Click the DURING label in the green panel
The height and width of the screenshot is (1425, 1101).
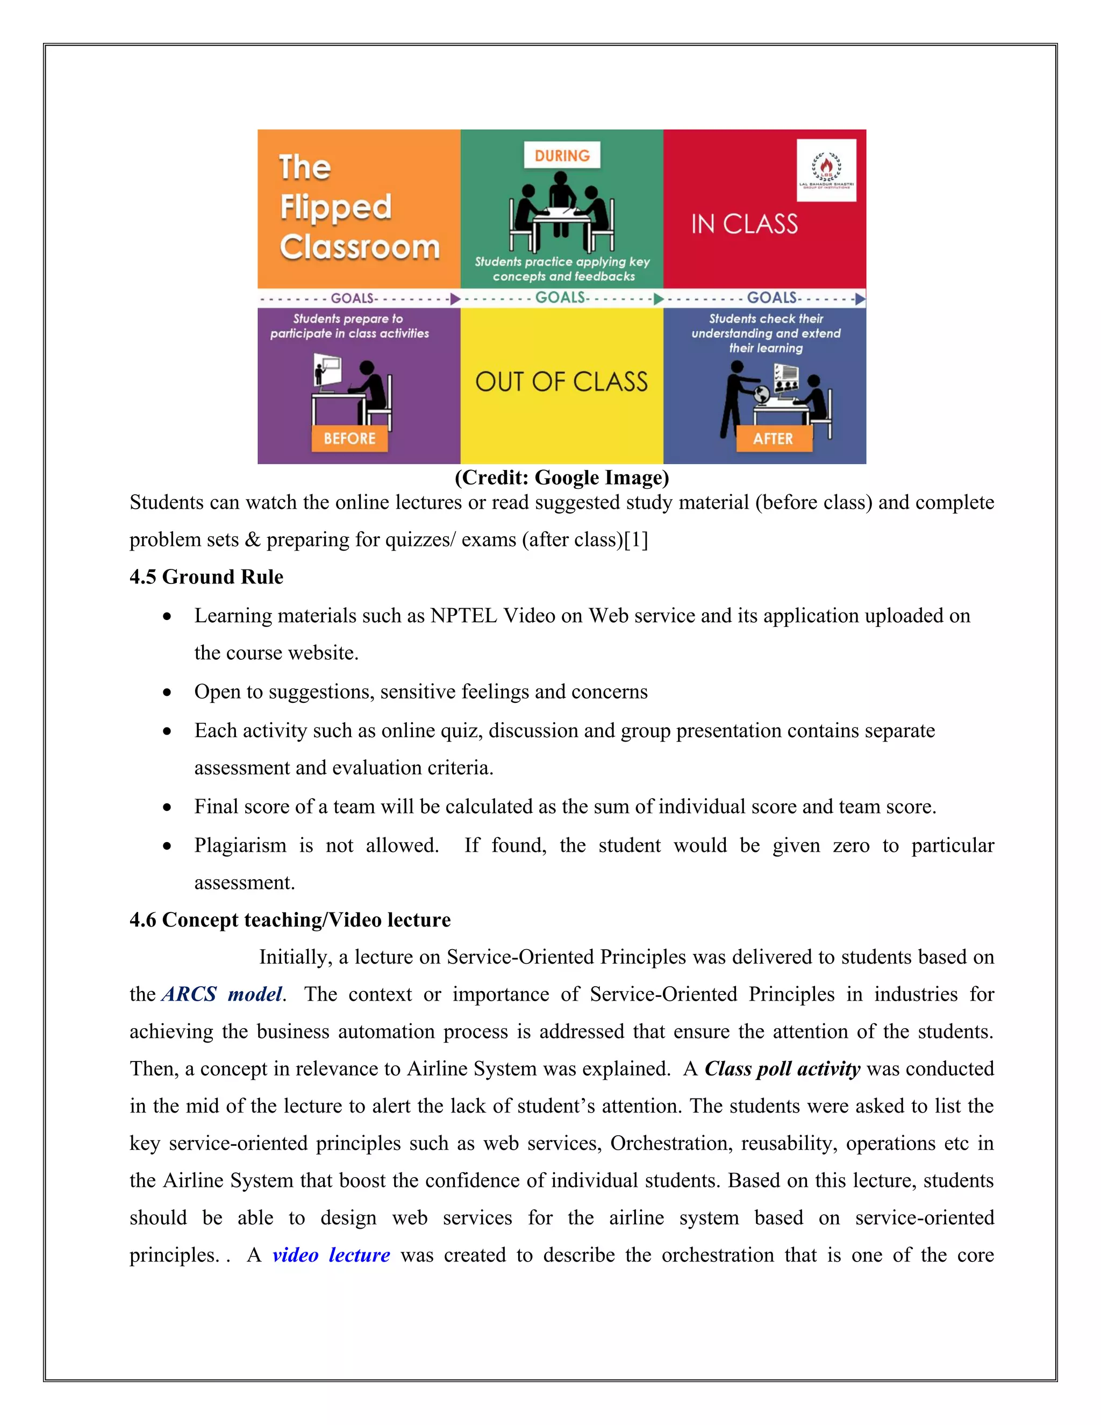coord(562,155)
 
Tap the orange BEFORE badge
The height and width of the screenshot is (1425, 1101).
coord(349,438)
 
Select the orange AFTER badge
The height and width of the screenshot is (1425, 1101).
coord(774,438)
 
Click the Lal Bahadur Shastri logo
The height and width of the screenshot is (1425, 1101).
coord(826,169)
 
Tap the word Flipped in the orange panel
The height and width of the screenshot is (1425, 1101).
coord(336,208)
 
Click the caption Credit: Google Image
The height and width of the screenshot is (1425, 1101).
coord(562,478)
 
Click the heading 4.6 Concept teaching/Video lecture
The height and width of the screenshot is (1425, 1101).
coord(290,920)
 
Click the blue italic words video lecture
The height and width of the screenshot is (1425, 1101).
coord(331,1256)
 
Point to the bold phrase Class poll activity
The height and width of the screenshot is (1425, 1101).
coord(782,1069)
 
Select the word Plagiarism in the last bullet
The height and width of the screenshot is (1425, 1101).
coord(240,846)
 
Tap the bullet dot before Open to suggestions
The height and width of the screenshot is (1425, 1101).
coord(168,692)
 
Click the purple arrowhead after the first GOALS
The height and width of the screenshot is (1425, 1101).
coord(455,299)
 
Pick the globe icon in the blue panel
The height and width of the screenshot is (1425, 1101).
coord(761,394)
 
